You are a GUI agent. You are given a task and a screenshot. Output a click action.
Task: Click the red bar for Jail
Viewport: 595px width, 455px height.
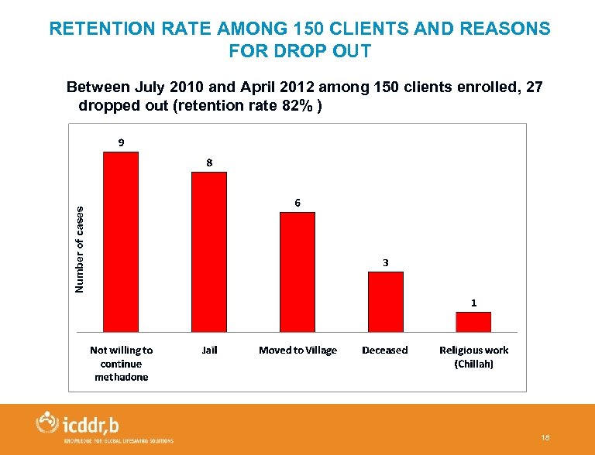coord(209,252)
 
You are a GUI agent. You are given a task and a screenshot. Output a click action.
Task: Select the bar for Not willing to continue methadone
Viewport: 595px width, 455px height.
coord(121,242)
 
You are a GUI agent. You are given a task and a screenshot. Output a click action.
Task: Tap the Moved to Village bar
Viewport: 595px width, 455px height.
coord(297,272)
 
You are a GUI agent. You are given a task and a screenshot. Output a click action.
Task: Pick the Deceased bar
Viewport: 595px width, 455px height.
coord(385,302)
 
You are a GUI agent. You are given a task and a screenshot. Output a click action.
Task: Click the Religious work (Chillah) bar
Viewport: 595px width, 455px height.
coord(473,322)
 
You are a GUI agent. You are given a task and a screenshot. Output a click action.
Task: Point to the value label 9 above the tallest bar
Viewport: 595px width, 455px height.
coord(121,142)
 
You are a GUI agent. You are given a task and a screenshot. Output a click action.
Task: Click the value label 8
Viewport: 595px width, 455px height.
coord(209,162)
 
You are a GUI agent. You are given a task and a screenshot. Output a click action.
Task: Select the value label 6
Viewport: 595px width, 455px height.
coord(297,203)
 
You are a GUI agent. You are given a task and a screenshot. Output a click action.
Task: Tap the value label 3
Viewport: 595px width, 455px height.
coord(386,263)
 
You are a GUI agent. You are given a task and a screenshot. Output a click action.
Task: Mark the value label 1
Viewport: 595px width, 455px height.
coord(473,303)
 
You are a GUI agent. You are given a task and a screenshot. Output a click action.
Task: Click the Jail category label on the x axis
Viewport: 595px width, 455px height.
coord(209,351)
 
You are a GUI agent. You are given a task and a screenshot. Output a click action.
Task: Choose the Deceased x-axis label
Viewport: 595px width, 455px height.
coord(385,351)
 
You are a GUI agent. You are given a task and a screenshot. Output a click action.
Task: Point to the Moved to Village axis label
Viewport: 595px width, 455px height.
coord(297,351)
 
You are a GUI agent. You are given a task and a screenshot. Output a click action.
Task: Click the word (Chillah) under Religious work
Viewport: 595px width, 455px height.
coord(473,364)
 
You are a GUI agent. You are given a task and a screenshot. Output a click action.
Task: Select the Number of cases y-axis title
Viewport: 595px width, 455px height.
coord(79,248)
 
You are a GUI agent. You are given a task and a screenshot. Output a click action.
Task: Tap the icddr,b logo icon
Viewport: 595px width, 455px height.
coord(48,422)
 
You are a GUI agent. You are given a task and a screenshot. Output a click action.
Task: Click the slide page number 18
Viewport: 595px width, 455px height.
coord(546,439)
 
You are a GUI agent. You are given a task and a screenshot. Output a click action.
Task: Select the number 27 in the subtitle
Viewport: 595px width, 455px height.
coord(534,87)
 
